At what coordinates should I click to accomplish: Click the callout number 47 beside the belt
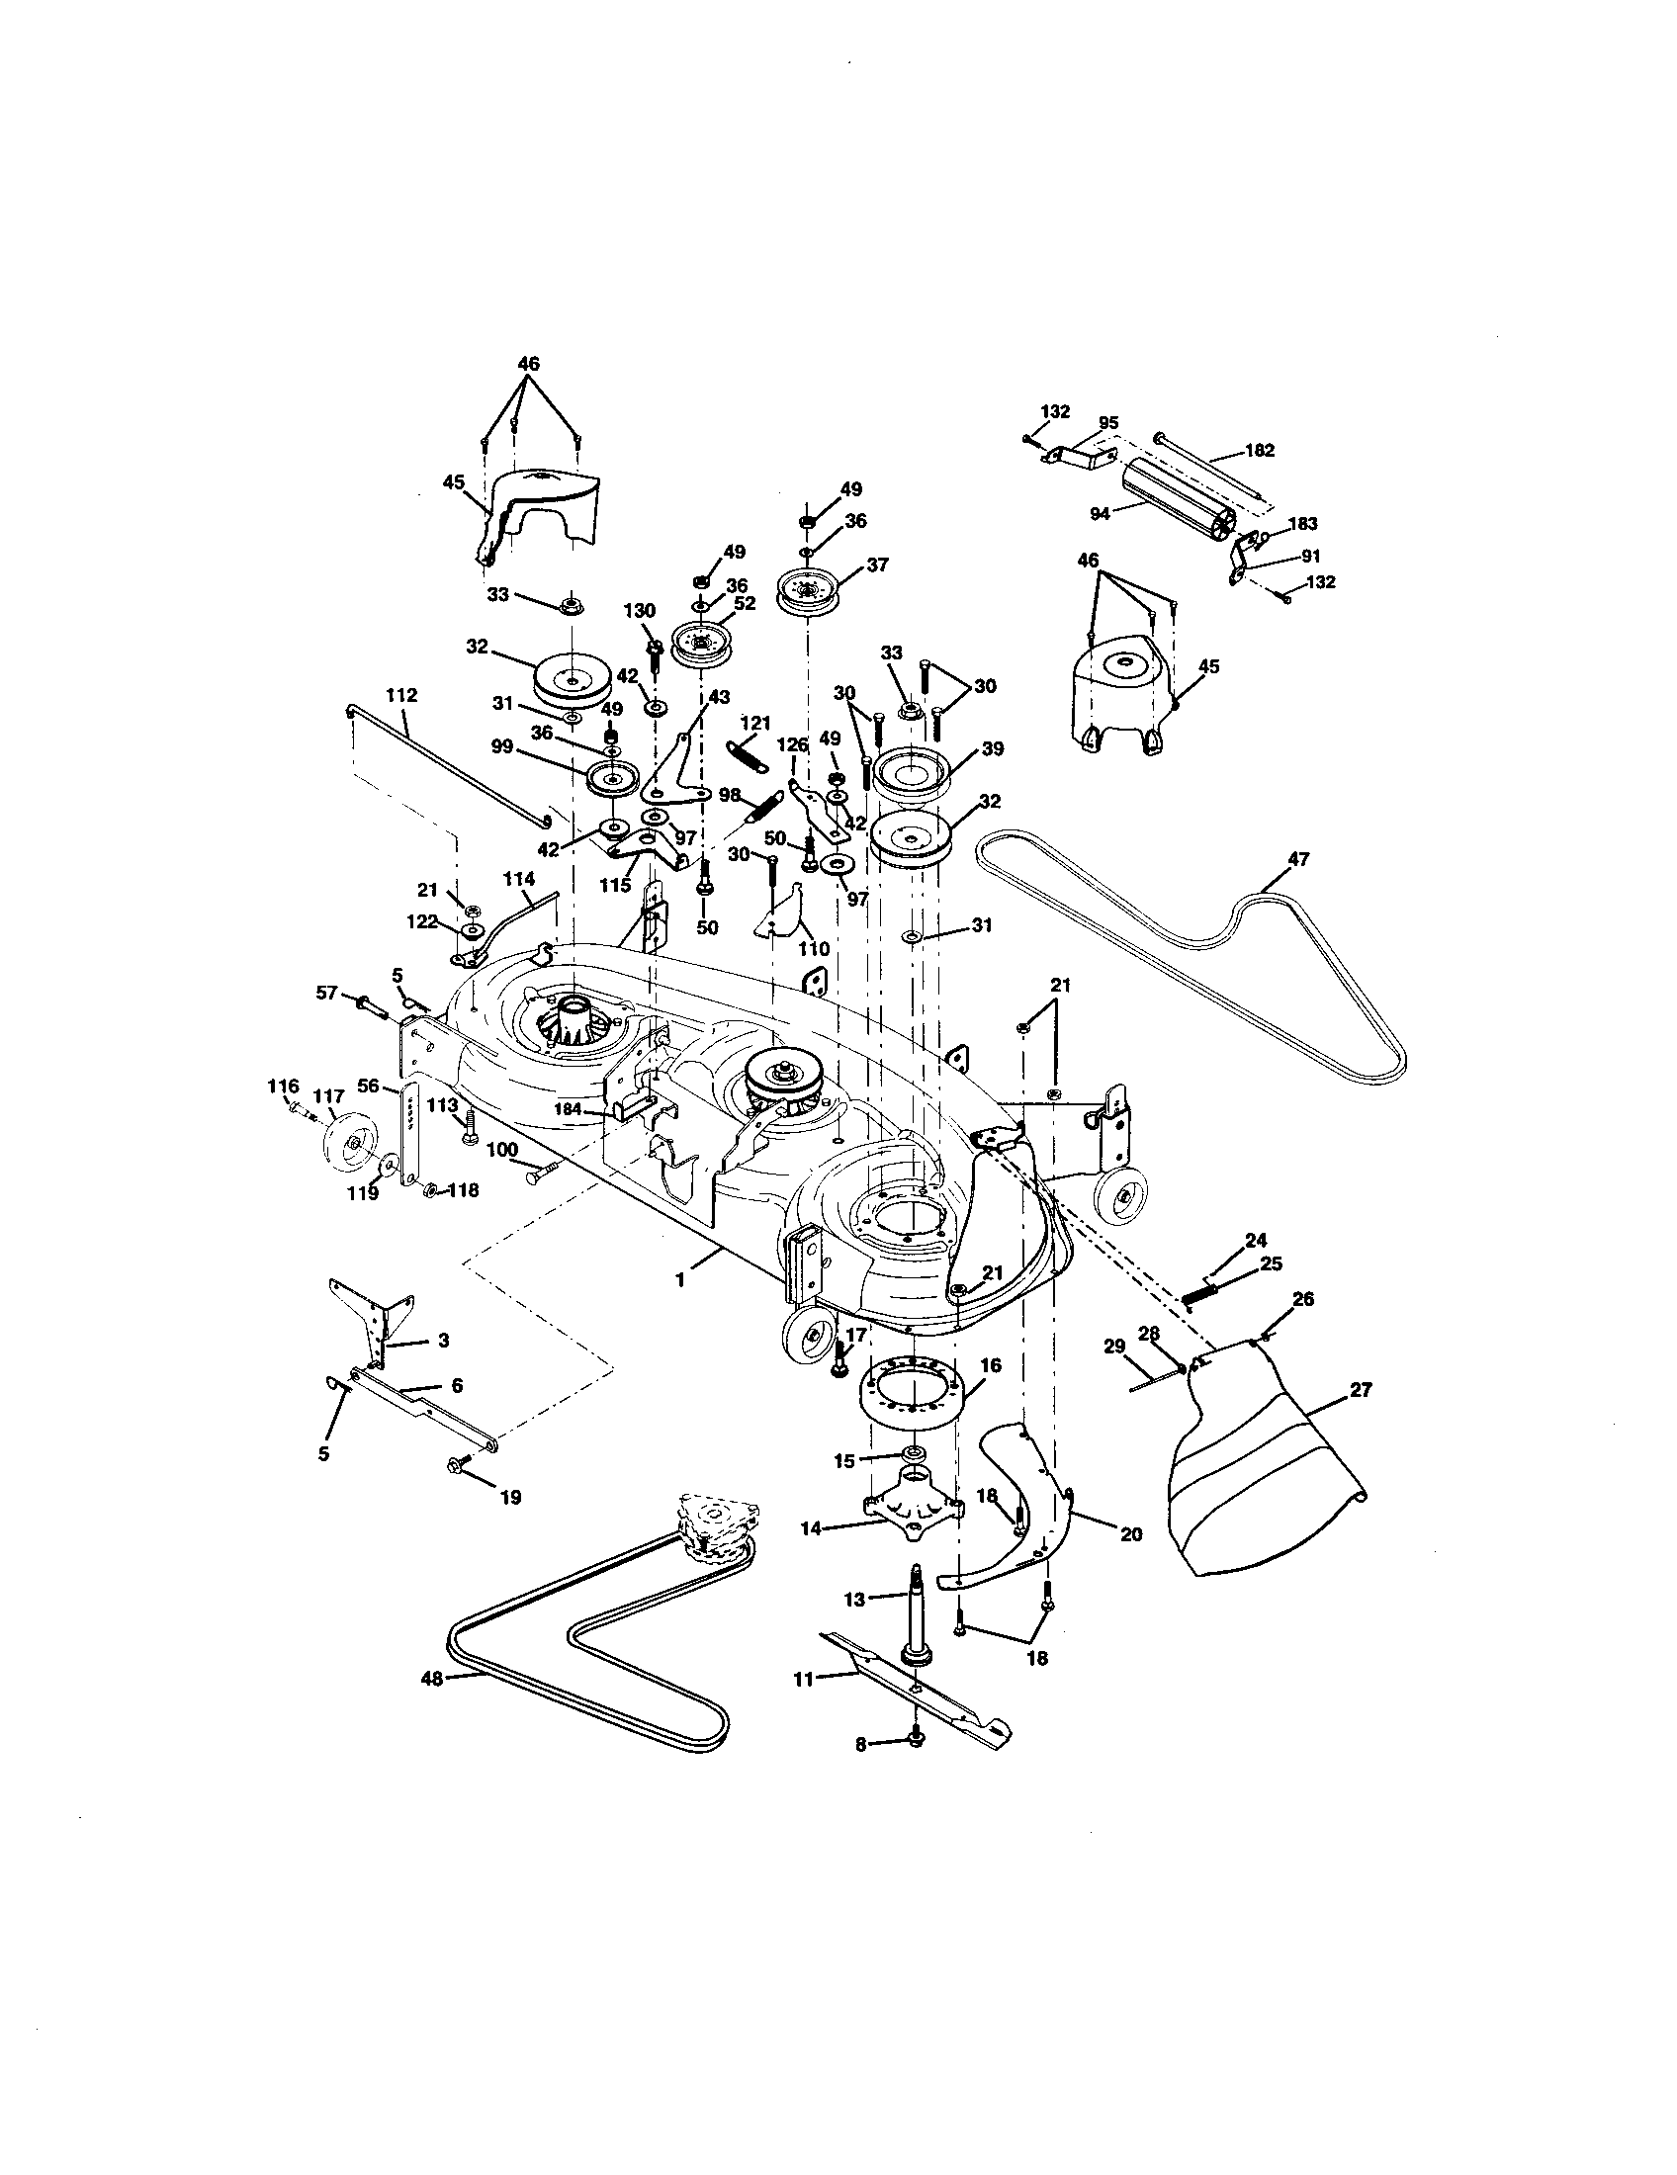(x=1298, y=857)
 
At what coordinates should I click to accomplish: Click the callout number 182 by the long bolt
(x=1260, y=450)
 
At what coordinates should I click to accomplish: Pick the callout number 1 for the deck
(x=680, y=1279)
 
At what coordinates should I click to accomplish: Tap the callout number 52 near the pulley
(x=745, y=602)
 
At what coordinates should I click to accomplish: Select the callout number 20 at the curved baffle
(x=1131, y=1534)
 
